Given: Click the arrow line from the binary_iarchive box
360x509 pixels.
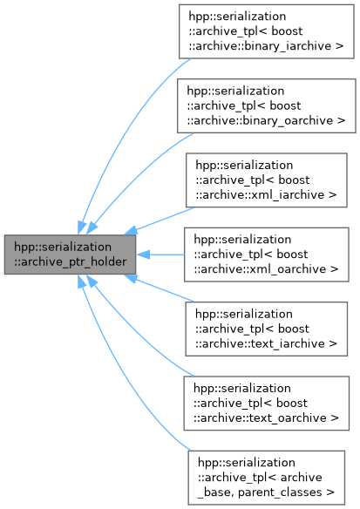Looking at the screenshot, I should tap(131, 122).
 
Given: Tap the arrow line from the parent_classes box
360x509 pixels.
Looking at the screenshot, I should tap(131, 383).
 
